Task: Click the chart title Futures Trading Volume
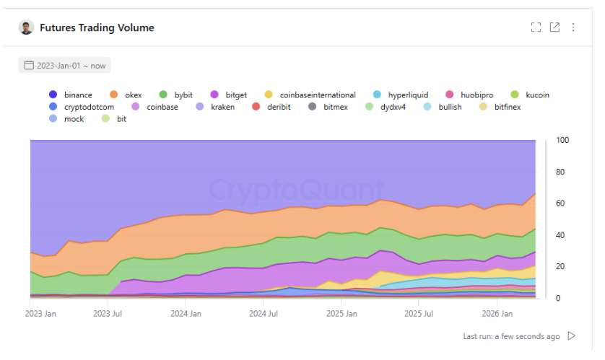coord(97,27)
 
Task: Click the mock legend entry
coord(74,119)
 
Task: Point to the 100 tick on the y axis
coord(563,140)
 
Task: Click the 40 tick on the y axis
coord(561,235)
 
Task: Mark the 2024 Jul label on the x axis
coord(263,315)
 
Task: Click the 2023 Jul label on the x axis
coord(107,315)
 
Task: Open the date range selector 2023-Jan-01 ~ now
coord(65,66)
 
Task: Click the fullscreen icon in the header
coord(536,27)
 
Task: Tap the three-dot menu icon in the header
coord(573,27)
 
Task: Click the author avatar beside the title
coord(26,27)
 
